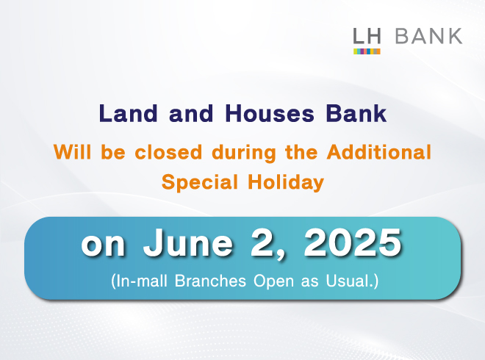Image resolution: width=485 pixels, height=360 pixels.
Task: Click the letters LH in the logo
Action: (367, 36)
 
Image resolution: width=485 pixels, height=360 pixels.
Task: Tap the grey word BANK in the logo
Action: (428, 36)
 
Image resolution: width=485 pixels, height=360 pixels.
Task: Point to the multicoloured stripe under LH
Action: (367, 51)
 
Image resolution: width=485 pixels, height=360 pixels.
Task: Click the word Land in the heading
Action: (129, 113)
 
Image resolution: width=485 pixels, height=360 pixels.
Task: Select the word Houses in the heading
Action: (270, 113)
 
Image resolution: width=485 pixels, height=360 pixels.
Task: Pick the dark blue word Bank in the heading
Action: (356, 113)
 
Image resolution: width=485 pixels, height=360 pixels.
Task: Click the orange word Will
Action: (72, 152)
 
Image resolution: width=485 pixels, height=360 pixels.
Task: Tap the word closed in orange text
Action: (168, 152)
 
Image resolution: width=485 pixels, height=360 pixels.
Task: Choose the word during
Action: (244, 153)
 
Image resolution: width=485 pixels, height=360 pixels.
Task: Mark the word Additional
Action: (379, 152)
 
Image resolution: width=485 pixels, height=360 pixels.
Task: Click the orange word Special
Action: (199, 182)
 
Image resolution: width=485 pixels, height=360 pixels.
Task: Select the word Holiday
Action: (286, 182)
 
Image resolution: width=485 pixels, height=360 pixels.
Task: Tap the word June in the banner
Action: (187, 243)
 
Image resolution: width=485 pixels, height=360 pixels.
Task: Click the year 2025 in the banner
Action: (353, 243)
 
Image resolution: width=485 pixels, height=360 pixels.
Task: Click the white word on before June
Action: (103, 245)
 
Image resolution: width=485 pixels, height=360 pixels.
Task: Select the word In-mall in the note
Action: (139, 281)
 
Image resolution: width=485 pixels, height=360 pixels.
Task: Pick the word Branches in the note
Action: (210, 281)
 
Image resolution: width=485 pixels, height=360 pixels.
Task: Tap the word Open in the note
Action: (274, 281)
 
